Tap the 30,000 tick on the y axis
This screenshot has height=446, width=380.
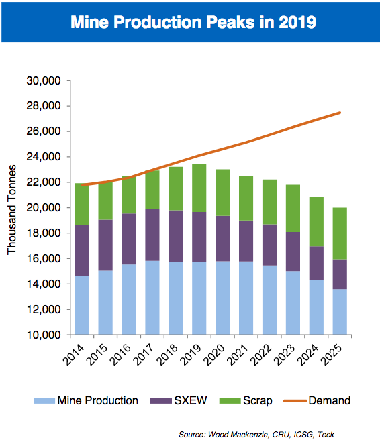[44, 80]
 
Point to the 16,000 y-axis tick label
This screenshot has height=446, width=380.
[44, 259]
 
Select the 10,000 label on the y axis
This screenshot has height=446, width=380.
[44, 335]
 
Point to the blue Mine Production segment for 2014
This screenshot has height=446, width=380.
[82, 305]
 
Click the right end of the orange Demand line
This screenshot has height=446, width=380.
[340, 113]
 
